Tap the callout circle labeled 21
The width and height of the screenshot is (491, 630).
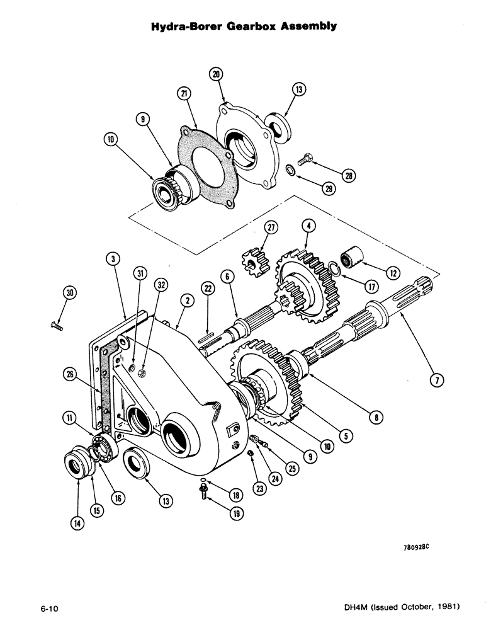click(x=184, y=93)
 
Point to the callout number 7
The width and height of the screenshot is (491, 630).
click(x=436, y=379)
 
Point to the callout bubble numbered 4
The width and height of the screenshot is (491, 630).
click(x=308, y=226)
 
